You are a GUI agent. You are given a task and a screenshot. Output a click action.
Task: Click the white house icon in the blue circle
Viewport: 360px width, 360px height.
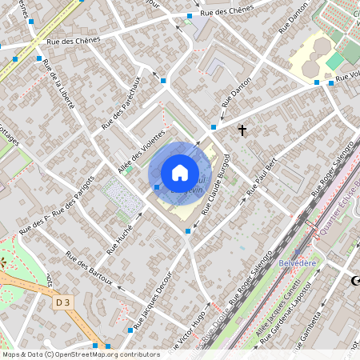tap(180, 172)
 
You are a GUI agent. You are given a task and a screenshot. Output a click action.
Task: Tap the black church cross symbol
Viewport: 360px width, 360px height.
tap(242, 129)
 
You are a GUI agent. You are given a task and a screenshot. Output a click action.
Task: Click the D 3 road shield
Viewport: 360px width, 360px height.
tap(62, 302)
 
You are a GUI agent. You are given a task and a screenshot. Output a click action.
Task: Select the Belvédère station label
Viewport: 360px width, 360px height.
tap(299, 262)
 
